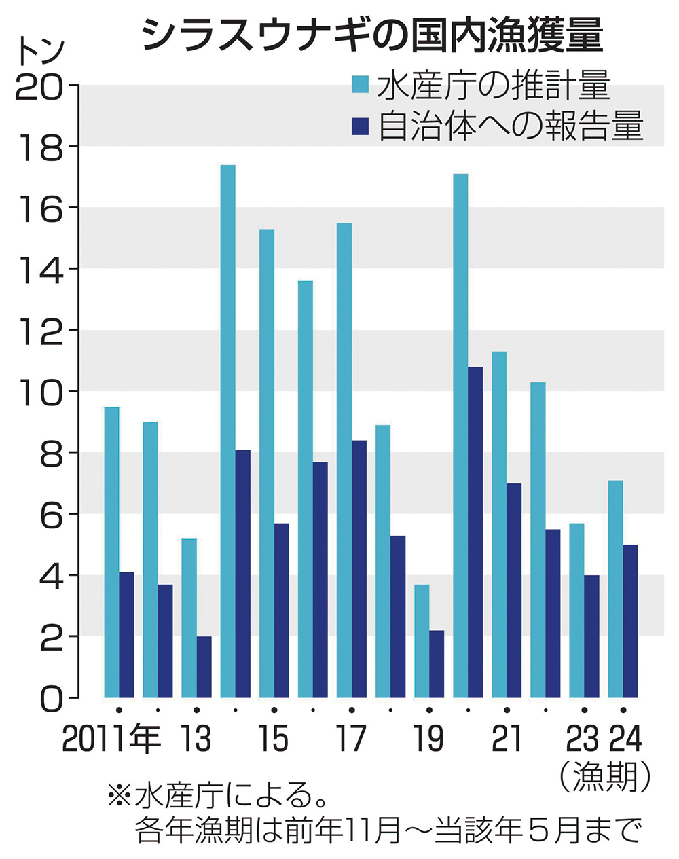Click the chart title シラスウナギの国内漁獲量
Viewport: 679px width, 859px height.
pyautogui.click(x=372, y=35)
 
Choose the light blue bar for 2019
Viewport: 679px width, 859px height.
pyautogui.click(x=422, y=641)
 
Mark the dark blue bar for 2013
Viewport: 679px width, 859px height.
pyautogui.click(x=204, y=667)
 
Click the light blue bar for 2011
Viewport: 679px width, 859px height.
pyautogui.click(x=111, y=552)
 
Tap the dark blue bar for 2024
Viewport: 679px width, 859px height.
pyautogui.click(x=630, y=621)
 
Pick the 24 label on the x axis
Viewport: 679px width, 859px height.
pyautogui.click(x=625, y=739)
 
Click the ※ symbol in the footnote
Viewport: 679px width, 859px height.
pyautogui.click(x=119, y=795)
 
